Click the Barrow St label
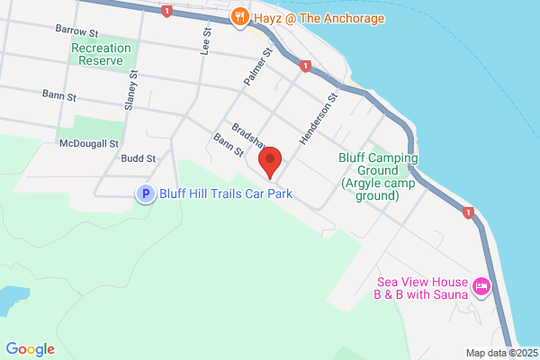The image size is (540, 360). click(75, 30)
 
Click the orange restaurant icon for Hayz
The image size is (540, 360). click(238, 15)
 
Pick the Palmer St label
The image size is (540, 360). click(256, 67)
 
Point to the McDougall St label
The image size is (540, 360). click(89, 143)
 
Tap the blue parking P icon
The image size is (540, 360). click(144, 193)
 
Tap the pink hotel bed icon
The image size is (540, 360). click(481, 287)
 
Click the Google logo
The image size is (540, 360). click(30, 349)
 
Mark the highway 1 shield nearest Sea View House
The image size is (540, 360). click(467, 212)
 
